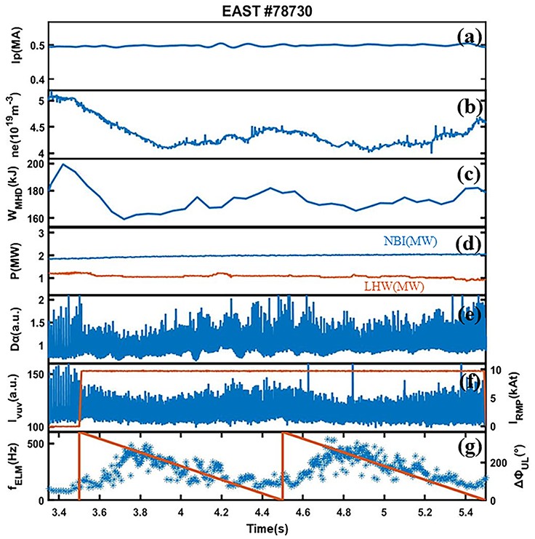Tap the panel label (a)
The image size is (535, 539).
[x=469, y=35]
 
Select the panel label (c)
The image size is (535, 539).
[x=469, y=175]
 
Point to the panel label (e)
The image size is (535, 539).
[x=469, y=316]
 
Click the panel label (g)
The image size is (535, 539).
[x=469, y=447]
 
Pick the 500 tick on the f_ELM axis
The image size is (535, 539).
[x=34, y=444]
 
